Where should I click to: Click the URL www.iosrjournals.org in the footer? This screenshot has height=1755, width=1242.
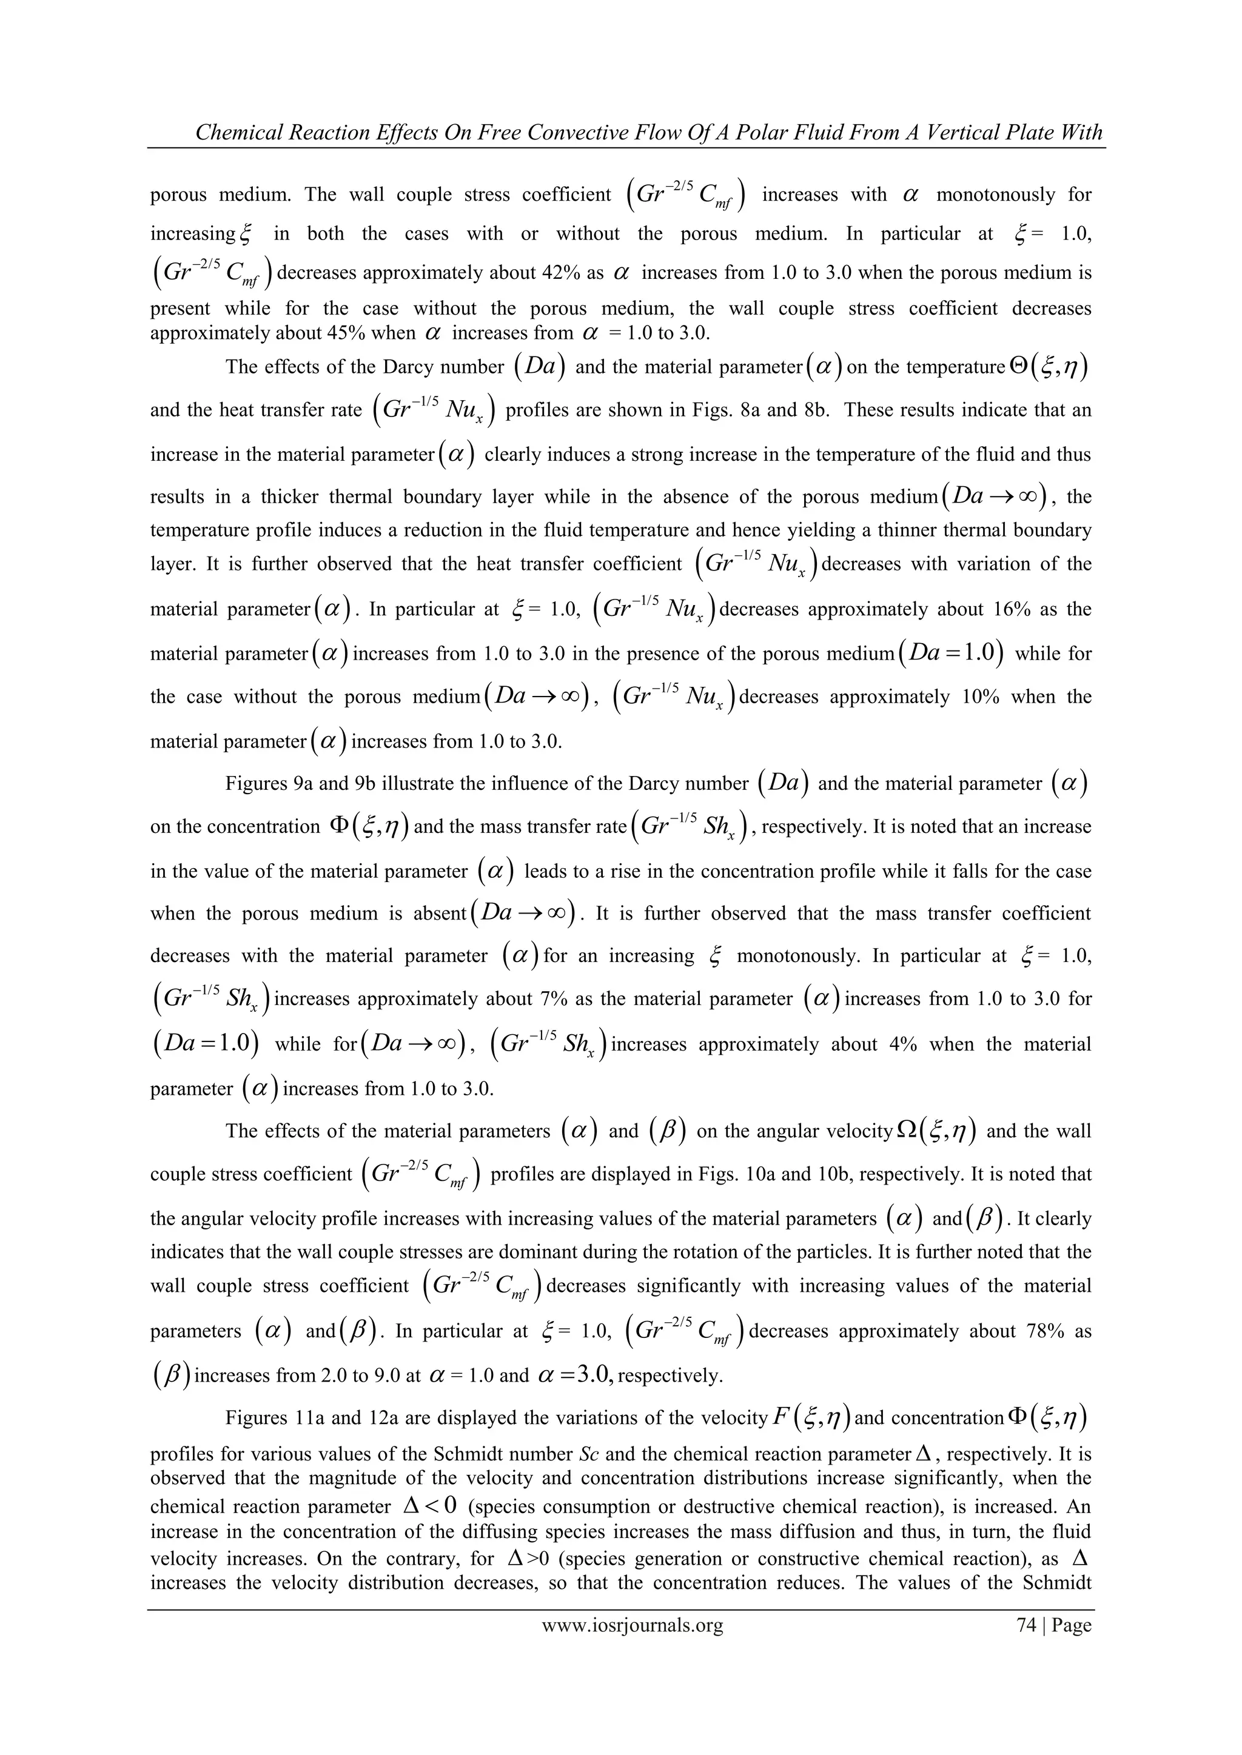pyautogui.click(x=633, y=1625)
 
